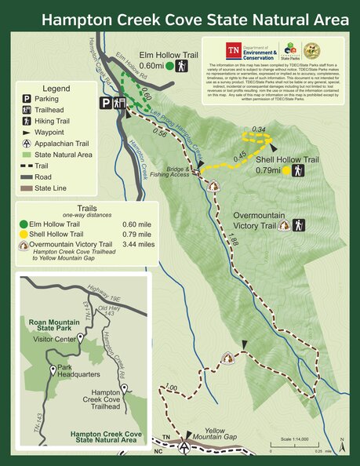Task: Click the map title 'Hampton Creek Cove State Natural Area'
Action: [195, 18]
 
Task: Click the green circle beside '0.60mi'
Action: [169, 66]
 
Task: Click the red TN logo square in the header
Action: [233, 51]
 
